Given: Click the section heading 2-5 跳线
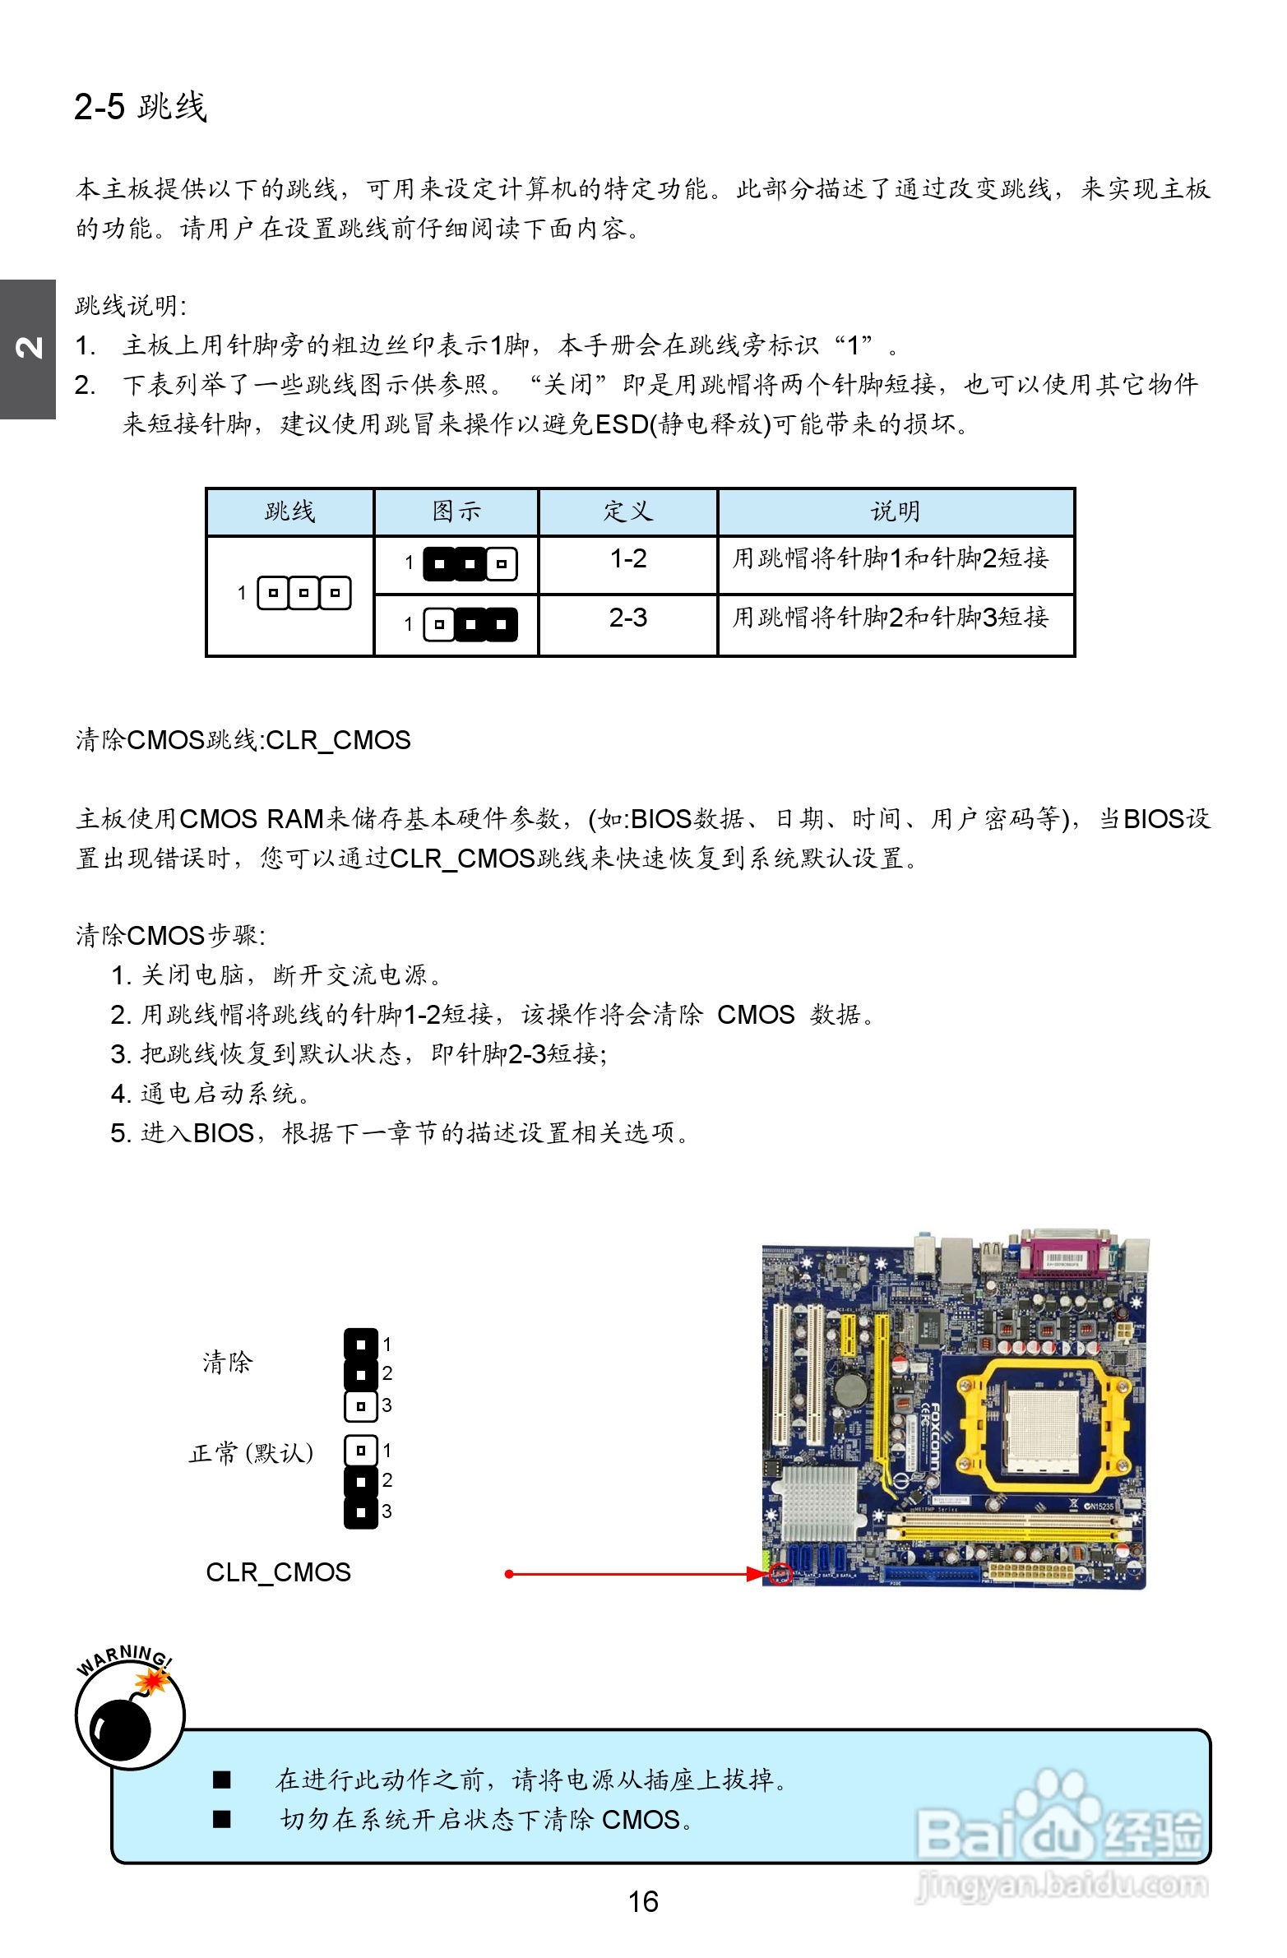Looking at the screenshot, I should tap(140, 107).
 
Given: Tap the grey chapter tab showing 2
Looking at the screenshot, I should tap(28, 349).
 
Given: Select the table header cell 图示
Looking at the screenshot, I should tap(456, 511).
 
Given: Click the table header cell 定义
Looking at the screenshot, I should tap(627, 511).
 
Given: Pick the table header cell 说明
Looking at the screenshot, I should tap(896, 511).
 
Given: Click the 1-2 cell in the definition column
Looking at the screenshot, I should tap(627, 559).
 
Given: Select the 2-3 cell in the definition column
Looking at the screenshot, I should tap(627, 618).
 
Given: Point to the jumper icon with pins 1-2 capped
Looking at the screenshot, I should tap(469, 564).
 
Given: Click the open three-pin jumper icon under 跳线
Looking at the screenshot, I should tap(303, 593).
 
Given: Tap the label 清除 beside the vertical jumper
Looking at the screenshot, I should tap(227, 1363).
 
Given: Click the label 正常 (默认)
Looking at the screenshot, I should tap(251, 1454).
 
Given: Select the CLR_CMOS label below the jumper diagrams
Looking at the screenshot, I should tap(278, 1572).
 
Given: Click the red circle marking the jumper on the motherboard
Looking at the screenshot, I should tap(780, 1574).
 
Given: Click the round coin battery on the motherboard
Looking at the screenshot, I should tap(852, 1390).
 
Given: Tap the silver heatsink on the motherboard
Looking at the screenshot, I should tap(818, 1502).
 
